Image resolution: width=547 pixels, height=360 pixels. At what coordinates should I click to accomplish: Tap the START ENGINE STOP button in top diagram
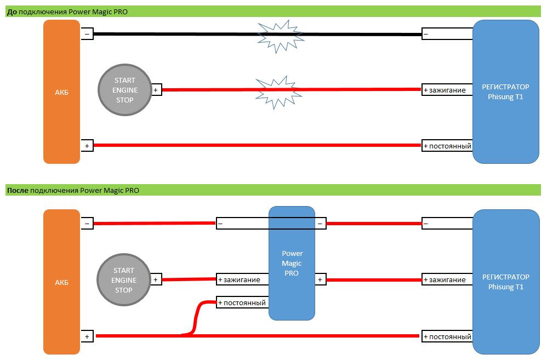(x=124, y=90)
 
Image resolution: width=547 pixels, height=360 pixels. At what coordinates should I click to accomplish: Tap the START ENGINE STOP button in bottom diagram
(x=123, y=280)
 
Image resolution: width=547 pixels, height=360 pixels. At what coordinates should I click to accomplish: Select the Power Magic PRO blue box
(x=292, y=263)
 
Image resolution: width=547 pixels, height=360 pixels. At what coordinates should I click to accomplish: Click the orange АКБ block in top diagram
(x=62, y=92)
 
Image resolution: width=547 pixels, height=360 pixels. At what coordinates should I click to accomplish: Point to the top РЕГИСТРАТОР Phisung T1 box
(x=505, y=92)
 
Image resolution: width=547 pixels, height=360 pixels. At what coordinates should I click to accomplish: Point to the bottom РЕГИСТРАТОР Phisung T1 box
(x=505, y=282)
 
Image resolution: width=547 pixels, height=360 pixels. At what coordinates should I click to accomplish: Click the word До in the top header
(x=11, y=12)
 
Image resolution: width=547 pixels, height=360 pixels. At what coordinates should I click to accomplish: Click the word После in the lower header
(x=18, y=190)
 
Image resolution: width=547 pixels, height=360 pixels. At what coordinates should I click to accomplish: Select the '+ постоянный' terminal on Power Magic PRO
(x=242, y=302)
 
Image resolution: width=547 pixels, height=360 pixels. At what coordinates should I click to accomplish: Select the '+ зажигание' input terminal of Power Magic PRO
(x=242, y=280)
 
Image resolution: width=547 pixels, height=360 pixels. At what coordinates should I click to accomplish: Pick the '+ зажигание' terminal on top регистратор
(x=447, y=90)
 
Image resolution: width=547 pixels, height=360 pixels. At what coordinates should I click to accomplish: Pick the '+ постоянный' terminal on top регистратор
(x=447, y=146)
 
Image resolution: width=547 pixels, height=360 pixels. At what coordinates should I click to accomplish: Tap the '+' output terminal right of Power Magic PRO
(x=320, y=280)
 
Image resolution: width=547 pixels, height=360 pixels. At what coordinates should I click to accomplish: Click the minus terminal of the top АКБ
(x=87, y=34)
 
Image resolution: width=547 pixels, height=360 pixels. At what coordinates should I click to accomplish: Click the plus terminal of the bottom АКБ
(x=87, y=336)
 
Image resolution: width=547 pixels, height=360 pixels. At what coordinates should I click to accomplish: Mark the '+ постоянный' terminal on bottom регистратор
(x=447, y=336)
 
